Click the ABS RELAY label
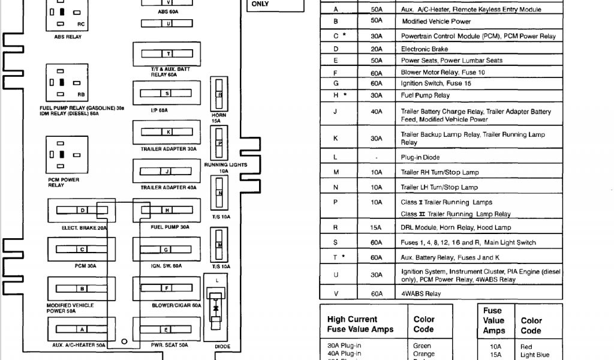pyautogui.click(x=68, y=37)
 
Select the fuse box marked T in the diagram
pyautogui.click(x=167, y=53)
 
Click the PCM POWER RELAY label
pyautogui.click(x=63, y=182)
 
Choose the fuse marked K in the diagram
pyautogui.click(x=167, y=132)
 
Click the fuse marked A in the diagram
pyautogui.click(x=82, y=329)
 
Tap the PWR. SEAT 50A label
pyautogui.click(x=169, y=345)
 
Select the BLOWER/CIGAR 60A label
pyautogui.click(x=176, y=305)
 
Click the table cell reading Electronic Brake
pyautogui.click(x=425, y=49)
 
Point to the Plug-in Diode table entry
pyautogui.click(x=420, y=157)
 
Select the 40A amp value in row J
pyautogui.click(x=376, y=111)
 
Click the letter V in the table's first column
pyautogui.click(x=336, y=293)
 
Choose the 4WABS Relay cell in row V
pyautogui.click(x=421, y=293)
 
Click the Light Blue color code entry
pyautogui.click(x=535, y=355)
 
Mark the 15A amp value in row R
pyautogui.click(x=376, y=227)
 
